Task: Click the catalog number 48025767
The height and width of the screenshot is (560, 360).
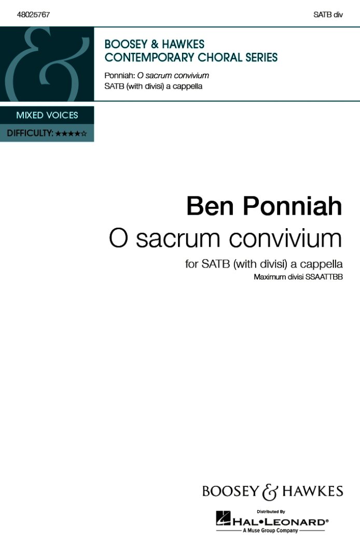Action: coord(33,15)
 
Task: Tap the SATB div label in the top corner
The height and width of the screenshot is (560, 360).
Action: coord(328,15)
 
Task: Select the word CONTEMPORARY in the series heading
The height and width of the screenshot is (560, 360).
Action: coord(149,58)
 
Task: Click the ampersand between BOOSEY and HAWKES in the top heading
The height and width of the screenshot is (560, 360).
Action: coord(155,44)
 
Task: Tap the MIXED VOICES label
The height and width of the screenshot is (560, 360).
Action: coord(47,115)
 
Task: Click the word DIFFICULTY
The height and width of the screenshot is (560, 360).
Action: coord(30,133)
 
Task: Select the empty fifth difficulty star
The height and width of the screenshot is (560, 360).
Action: coord(84,134)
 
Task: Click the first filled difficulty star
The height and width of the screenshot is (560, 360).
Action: coord(58,134)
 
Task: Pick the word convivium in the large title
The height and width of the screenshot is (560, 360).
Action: coord(285,239)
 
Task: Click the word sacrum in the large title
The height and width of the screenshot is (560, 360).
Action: coord(177,241)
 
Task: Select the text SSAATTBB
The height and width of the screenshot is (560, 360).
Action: coord(324,277)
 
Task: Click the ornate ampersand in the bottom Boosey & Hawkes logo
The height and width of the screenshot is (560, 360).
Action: coord(270,493)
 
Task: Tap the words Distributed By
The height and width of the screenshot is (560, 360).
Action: coord(271,512)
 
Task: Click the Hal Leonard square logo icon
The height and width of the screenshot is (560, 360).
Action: coord(223,518)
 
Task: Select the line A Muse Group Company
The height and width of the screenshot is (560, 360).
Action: coord(270,531)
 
